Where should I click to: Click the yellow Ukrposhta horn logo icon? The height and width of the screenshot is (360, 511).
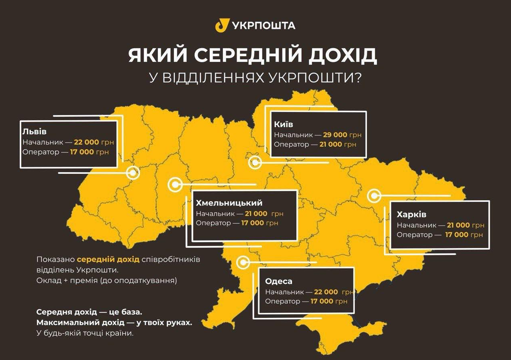[x=222, y=25]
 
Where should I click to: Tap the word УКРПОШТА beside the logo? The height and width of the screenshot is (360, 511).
[x=264, y=26]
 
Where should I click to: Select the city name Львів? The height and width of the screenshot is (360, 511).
[x=35, y=132]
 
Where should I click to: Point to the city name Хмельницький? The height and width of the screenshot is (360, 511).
[x=229, y=203]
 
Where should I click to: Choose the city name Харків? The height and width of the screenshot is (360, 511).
[x=411, y=214]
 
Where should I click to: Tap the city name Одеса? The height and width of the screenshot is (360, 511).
[x=278, y=281]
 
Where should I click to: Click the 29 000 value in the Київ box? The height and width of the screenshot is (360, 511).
[x=335, y=135]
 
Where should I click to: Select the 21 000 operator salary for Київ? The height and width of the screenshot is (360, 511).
[x=331, y=144]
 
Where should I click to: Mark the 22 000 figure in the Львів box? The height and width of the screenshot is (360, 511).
[x=86, y=142]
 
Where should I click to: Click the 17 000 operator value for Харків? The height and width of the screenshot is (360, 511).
[x=457, y=235]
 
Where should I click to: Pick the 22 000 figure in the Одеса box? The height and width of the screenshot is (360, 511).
[x=326, y=292]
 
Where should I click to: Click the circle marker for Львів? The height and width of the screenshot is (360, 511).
[x=133, y=173]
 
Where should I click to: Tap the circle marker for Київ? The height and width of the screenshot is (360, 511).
[x=255, y=163]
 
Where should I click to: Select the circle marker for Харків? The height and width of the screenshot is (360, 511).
[x=374, y=196]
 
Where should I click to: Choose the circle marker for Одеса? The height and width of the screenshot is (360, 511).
[x=243, y=263]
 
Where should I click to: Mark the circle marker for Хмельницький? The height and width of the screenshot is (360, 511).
[x=175, y=185]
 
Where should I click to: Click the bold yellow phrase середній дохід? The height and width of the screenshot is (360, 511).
[x=108, y=259]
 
